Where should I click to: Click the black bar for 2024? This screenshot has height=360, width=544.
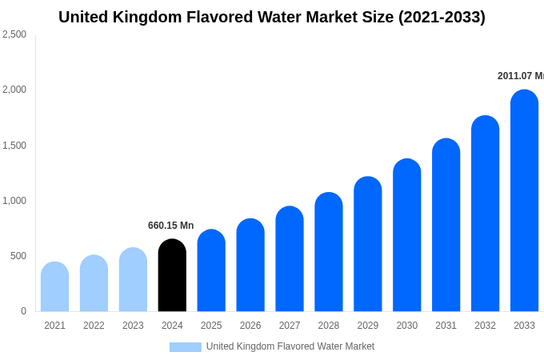click(172, 275)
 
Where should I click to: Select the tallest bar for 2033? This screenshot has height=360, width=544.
click(524, 201)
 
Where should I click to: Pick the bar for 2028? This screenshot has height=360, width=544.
click(329, 252)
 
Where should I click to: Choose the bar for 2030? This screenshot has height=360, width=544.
click(406, 235)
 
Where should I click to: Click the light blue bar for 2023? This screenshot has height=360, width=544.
click(133, 279)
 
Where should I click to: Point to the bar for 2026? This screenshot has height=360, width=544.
click(250, 265)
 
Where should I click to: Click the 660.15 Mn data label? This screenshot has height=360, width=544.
click(170, 226)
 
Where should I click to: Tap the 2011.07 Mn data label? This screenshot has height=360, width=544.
click(520, 76)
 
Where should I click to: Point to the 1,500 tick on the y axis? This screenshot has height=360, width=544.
click(14, 146)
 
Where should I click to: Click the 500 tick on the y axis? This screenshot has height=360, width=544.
click(18, 256)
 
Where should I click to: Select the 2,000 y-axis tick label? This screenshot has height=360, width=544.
click(14, 90)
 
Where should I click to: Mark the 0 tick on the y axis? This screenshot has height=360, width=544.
click(23, 311)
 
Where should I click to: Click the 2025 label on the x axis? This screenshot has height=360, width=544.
click(211, 326)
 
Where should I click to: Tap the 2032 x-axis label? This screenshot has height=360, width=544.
click(485, 326)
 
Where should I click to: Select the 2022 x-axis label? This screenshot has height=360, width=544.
click(94, 326)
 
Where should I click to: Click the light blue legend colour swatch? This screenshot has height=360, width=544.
click(185, 347)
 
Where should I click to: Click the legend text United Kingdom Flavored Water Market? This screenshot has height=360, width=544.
click(290, 346)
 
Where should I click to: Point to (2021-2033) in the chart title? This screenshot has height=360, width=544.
click(442, 17)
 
